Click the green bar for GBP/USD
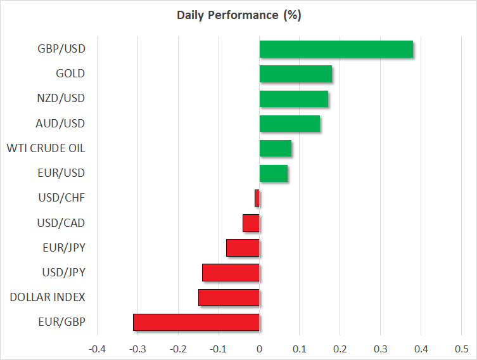point(336,49)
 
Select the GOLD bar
point(295,74)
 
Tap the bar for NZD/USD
point(293,99)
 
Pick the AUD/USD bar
point(289,124)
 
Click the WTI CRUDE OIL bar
point(275,148)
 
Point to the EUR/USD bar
point(273,173)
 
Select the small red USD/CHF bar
point(257,198)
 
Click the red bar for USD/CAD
point(251,223)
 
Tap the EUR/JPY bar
point(243,248)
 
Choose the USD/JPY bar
point(231,273)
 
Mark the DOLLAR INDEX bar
point(229,297)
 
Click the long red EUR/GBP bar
point(196,322)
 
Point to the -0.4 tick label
point(97,349)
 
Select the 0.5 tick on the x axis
point(461,349)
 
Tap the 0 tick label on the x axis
point(259,349)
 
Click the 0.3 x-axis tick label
point(380,349)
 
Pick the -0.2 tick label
point(178,349)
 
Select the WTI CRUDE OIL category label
point(46,148)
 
